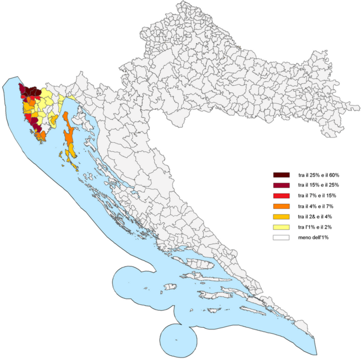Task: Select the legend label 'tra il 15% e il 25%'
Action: click(x=318, y=185)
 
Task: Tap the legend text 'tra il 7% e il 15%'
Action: click(x=316, y=196)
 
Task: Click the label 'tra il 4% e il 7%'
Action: click(x=315, y=206)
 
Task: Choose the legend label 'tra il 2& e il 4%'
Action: click(x=315, y=217)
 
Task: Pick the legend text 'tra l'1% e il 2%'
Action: click(x=314, y=227)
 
